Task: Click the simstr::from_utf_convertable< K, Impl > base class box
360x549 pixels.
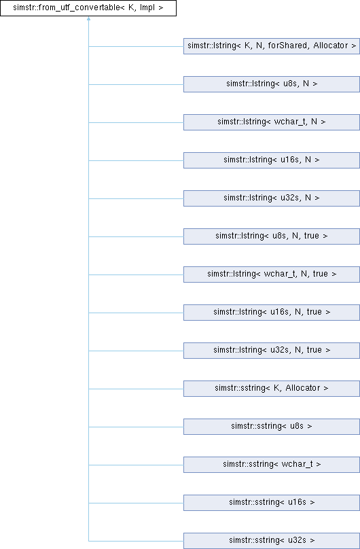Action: (x=88, y=7)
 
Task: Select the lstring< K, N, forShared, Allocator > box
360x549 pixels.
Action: (x=272, y=46)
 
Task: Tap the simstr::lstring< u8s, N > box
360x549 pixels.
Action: (x=272, y=84)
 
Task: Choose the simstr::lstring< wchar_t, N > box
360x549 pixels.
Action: (x=272, y=122)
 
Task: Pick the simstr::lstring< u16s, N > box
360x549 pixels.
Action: (x=272, y=160)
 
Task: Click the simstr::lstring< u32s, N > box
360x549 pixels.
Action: (x=272, y=198)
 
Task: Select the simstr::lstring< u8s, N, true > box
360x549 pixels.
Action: (x=272, y=236)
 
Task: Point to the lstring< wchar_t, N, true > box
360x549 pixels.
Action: (x=272, y=274)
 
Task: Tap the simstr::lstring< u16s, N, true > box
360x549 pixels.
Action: (x=272, y=313)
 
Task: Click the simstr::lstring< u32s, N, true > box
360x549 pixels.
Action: (x=272, y=351)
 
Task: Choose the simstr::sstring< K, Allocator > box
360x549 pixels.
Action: (x=272, y=389)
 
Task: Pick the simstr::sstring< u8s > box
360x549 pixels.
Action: (x=272, y=427)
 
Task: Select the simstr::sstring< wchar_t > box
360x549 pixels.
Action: (x=272, y=465)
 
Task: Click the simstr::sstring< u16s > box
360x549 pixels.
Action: (x=272, y=503)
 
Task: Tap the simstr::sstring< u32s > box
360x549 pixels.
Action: (x=272, y=541)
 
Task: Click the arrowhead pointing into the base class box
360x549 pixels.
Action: (x=88, y=18)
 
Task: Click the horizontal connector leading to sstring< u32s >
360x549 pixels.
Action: (x=136, y=541)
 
